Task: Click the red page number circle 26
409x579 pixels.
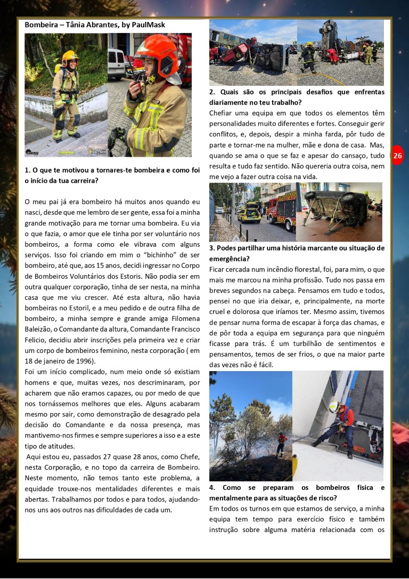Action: coord(398,156)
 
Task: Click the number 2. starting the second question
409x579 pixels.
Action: coord(212,92)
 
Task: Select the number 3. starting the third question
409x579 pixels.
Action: coord(212,248)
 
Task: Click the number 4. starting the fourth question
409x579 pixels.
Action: coord(212,487)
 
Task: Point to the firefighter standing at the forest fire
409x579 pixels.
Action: coord(281,443)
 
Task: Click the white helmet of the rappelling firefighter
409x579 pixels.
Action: coord(334,407)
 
